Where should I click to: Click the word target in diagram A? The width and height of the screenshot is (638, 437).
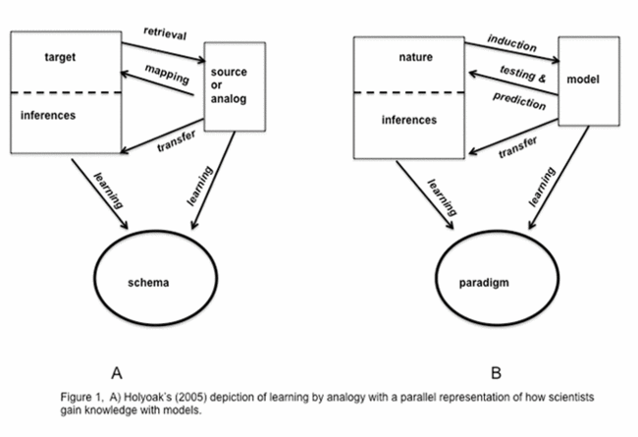click(60, 57)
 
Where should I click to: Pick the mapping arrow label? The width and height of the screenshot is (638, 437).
click(165, 74)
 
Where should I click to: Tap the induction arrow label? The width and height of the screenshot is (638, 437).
click(510, 44)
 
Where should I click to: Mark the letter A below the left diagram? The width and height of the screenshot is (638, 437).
click(117, 372)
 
